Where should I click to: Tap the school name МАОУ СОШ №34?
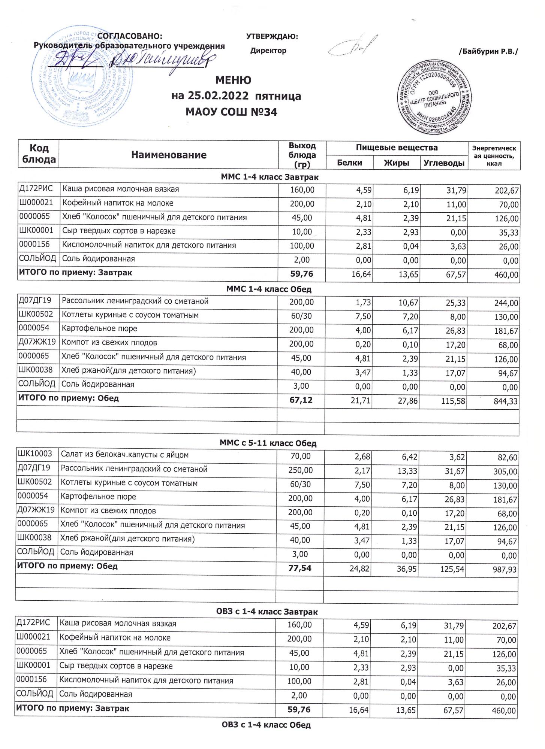pyautogui.click(x=232, y=112)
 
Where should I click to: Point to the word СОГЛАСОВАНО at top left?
pyautogui.click(x=130, y=36)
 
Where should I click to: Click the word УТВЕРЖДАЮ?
pyautogui.click(x=272, y=36)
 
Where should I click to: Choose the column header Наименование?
pyautogui.click(x=169, y=155)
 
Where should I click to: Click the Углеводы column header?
pyautogui.click(x=444, y=163)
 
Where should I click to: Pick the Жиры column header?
pyautogui.click(x=397, y=163)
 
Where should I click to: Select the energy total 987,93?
pyautogui.click(x=503, y=570)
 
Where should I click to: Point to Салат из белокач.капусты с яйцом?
pyautogui.click(x=125, y=455)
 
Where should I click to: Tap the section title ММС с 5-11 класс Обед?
pyautogui.click(x=268, y=443)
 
